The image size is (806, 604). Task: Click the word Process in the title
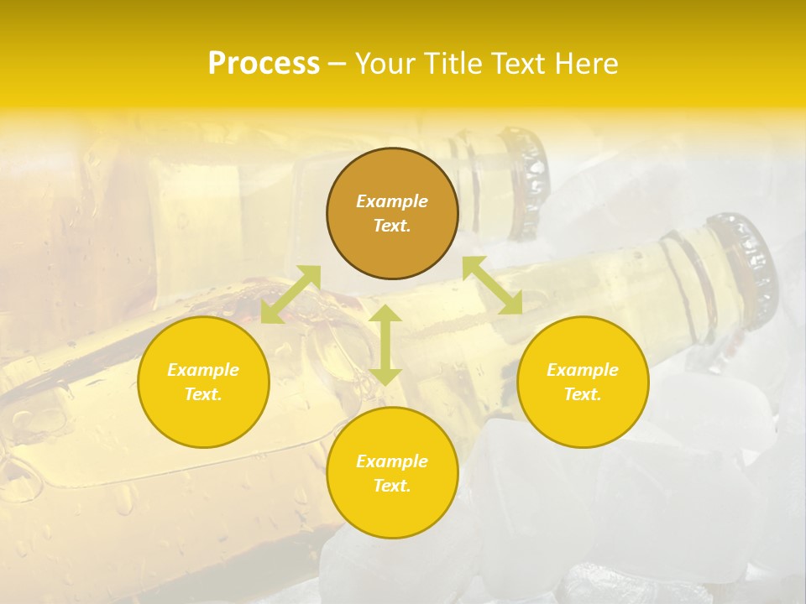264,64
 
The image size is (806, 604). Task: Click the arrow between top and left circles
290,294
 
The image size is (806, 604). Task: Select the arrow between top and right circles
493,285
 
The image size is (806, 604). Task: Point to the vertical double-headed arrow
385,345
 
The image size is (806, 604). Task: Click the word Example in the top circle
392,201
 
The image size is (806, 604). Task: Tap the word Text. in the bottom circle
392,486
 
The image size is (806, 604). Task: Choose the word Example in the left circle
203,370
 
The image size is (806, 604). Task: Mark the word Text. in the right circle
583,394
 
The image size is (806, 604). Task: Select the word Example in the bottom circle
392,461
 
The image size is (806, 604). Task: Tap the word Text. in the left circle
203,394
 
